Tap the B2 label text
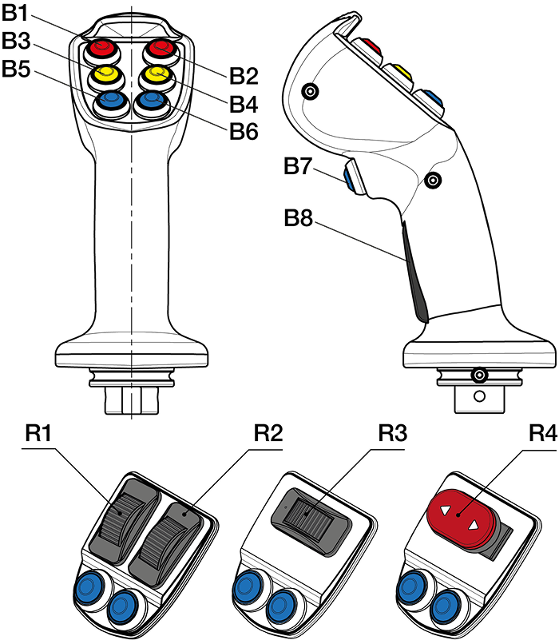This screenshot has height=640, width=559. pos(244,77)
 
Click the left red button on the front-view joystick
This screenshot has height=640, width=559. pos(103,49)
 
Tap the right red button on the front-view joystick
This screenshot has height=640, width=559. pos(157,49)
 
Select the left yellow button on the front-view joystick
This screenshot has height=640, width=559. pos(105,75)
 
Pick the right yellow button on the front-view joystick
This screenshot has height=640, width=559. pos(156,75)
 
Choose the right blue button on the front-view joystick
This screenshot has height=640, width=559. pos(151,101)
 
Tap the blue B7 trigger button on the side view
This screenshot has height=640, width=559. pos(350,177)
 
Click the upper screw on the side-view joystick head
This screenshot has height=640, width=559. pos(311,93)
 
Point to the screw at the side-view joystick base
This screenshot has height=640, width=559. pos(479,375)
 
